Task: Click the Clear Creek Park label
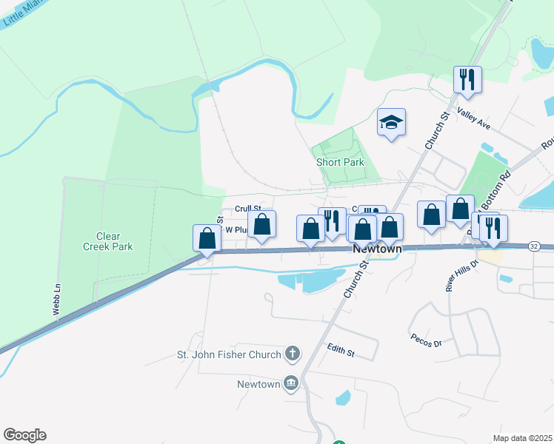[x=108, y=241]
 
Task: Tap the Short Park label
[x=340, y=162]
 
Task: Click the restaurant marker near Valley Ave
[x=467, y=79]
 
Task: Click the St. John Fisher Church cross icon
[x=293, y=354]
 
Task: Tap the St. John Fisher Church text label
[x=228, y=354]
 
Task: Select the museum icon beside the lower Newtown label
[x=291, y=383]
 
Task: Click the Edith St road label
[x=341, y=350]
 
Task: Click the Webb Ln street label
[x=56, y=300]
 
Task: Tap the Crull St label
[x=248, y=209]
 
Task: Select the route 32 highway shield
[x=534, y=246]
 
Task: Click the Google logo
[x=24, y=434]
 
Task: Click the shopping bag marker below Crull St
[x=261, y=224]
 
